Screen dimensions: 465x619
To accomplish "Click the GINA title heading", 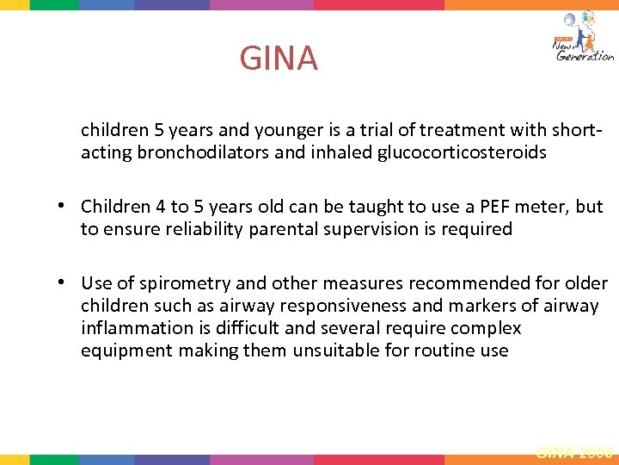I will pyautogui.click(x=279, y=59).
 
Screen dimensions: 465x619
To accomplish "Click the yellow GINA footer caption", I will pyautogui.click(x=574, y=450).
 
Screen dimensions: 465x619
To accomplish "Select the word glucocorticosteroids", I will pyautogui.click(x=463, y=153).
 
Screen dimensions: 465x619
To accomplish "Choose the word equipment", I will pyautogui.click(x=126, y=350).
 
